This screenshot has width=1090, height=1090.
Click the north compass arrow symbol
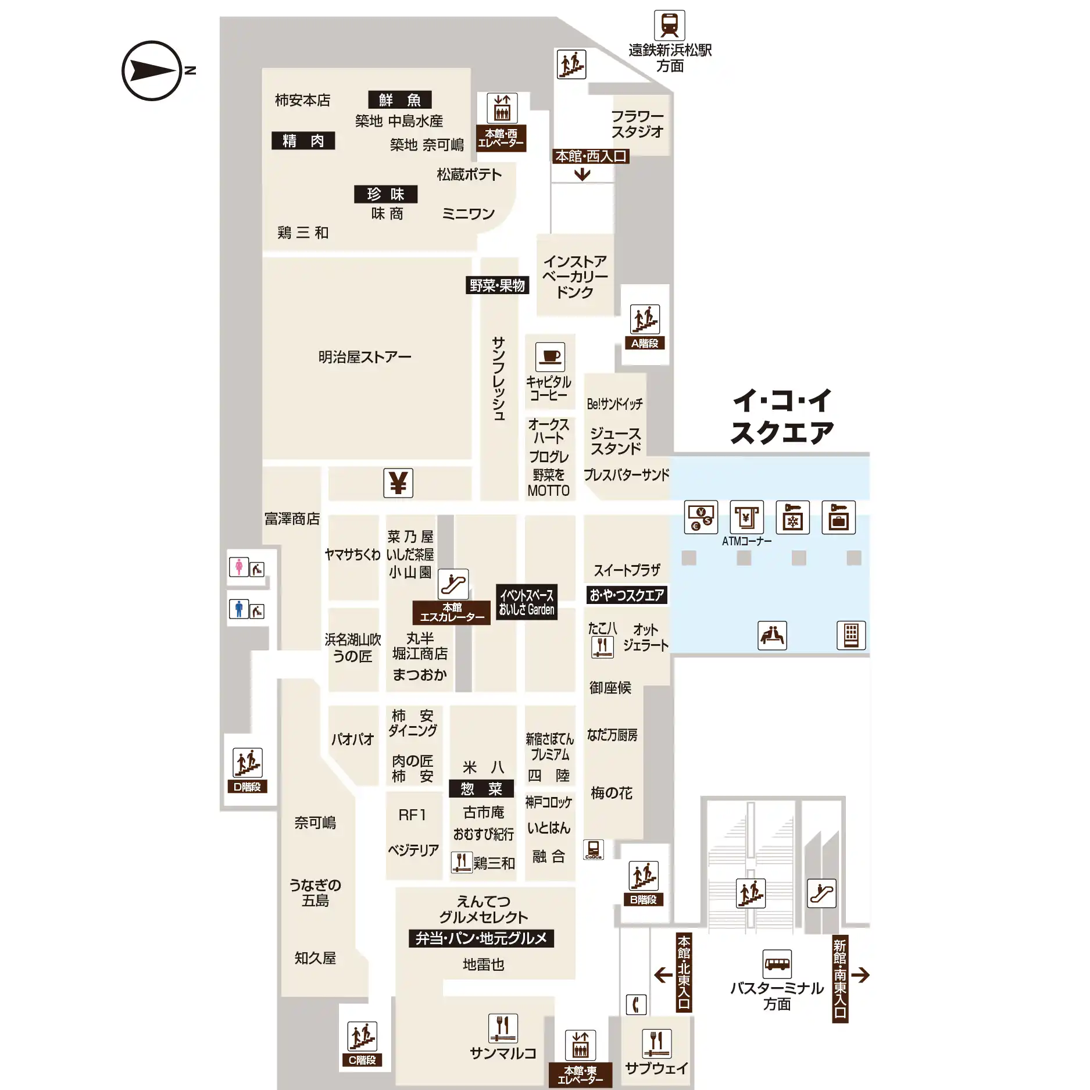[152, 71]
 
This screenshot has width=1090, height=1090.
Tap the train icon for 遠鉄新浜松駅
[669, 26]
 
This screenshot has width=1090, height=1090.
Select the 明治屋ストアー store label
[364, 357]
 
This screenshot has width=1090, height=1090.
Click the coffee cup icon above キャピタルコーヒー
[550, 357]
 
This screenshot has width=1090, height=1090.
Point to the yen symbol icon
[398, 483]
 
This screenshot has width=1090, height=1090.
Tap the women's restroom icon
[238, 567]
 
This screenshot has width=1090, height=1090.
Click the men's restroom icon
[238, 609]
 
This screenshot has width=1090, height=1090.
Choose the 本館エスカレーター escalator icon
[453, 584]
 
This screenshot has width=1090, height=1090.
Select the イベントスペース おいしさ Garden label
[527, 602]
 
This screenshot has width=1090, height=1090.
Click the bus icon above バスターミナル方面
[777, 964]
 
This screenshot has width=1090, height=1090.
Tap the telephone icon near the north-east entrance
[636, 1005]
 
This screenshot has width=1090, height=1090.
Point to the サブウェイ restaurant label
[656, 1068]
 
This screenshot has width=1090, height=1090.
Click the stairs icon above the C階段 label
[362, 1037]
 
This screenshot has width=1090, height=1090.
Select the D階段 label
[247, 787]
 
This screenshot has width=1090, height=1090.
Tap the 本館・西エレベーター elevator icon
[502, 108]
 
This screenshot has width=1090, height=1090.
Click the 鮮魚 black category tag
[400, 100]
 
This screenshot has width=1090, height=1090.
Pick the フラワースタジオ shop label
[637, 124]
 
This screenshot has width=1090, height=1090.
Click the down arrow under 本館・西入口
[582, 174]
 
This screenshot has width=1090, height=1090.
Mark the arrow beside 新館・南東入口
[860, 975]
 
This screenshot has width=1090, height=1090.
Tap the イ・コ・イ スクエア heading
[782, 417]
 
